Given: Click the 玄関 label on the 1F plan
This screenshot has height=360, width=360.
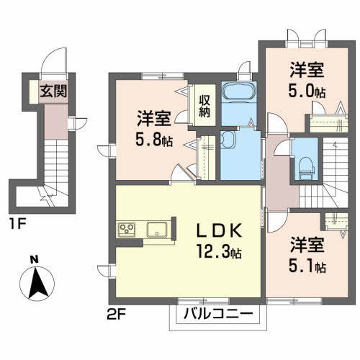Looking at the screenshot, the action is (53, 91).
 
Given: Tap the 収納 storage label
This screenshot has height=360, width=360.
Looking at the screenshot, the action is (204, 107).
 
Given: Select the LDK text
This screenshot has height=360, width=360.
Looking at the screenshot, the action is (219, 231).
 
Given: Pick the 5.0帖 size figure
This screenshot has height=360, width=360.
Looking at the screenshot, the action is (307, 91).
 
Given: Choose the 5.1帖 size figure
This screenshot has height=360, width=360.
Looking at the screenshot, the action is (307, 266).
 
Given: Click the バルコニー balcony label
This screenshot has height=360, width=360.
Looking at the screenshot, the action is (218, 313).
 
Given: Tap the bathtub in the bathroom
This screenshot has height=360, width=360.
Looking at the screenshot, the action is (239, 91).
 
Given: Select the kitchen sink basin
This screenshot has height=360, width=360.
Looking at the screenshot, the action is (157, 230).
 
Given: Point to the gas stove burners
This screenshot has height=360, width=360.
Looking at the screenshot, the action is (127, 230).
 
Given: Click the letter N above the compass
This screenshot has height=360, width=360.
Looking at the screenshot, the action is (35, 260).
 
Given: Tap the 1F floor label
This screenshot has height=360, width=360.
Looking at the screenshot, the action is (17, 224).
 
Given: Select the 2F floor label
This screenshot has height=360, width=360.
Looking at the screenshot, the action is (116, 315).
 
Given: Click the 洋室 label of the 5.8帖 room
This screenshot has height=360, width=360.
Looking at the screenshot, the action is (154, 118).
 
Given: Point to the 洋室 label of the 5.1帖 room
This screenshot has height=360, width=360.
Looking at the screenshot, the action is (307, 245).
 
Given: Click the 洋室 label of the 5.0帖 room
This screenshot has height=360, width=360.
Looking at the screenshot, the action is (307, 70).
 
